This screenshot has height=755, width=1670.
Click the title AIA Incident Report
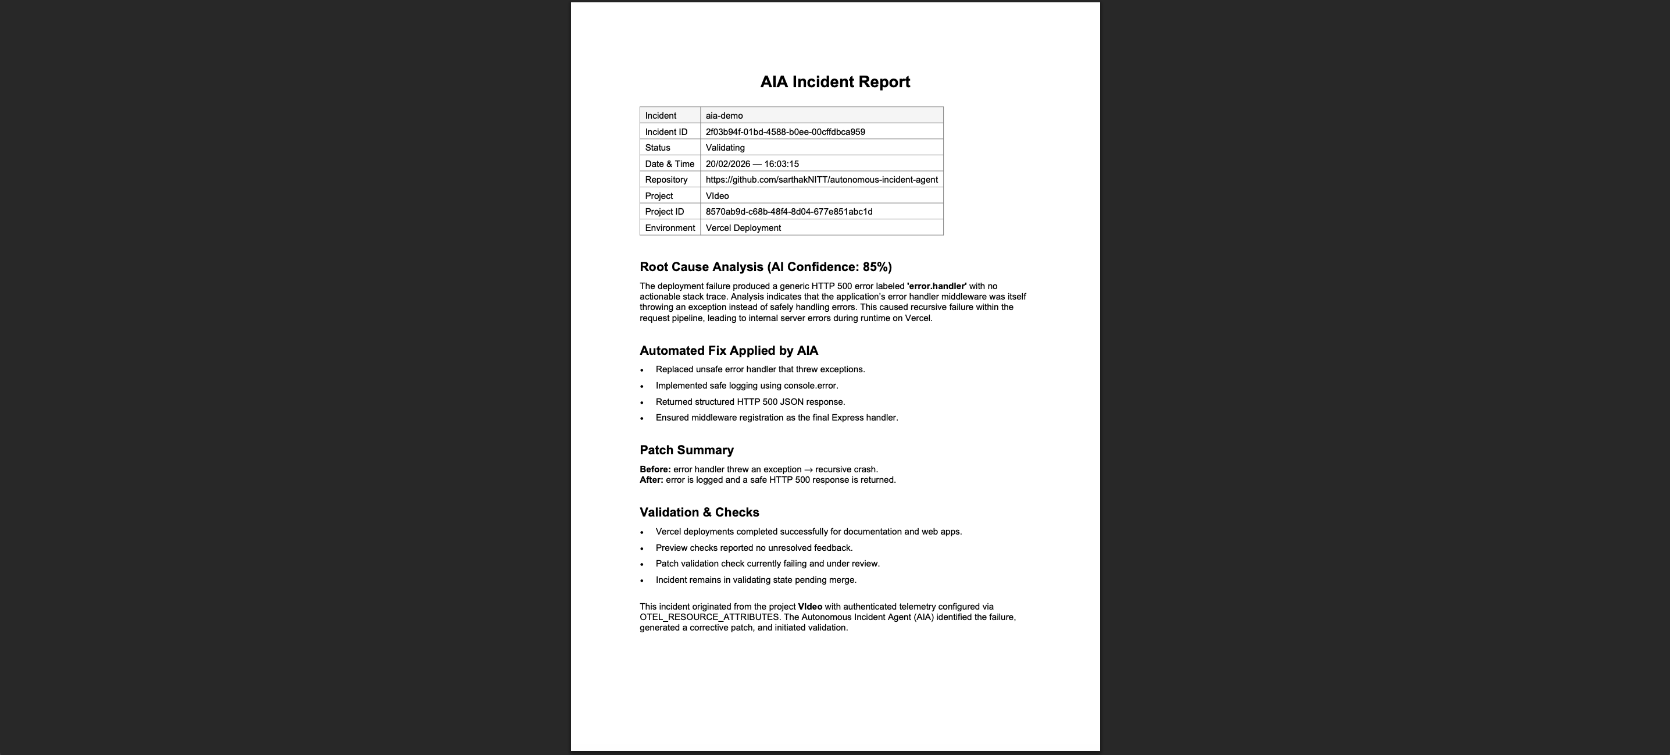click(835, 82)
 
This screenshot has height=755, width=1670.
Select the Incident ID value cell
click(785, 131)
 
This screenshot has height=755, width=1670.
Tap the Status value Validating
click(725, 148)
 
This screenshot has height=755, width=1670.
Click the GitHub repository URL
click(822, 180)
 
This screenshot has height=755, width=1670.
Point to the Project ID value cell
click(789, 212)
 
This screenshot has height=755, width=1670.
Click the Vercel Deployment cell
click(743, 227)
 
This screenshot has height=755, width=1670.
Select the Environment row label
click(670, 227)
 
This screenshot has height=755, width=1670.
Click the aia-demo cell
click(724, 115)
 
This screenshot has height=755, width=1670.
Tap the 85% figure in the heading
click(875, 267)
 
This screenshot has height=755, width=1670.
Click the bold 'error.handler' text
click(936, 286)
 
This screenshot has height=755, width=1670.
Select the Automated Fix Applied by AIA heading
click(729, 351)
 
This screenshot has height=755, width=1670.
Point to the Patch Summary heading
click(687, 450)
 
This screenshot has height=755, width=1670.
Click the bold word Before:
click(655, 469)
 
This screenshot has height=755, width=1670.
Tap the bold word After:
click(651, 480)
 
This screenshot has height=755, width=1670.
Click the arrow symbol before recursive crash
click(808, 469)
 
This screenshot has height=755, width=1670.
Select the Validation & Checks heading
click(699, 512)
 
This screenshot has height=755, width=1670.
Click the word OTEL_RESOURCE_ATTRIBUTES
click(709, 618)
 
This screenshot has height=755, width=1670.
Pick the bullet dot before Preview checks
click(642, 549)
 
